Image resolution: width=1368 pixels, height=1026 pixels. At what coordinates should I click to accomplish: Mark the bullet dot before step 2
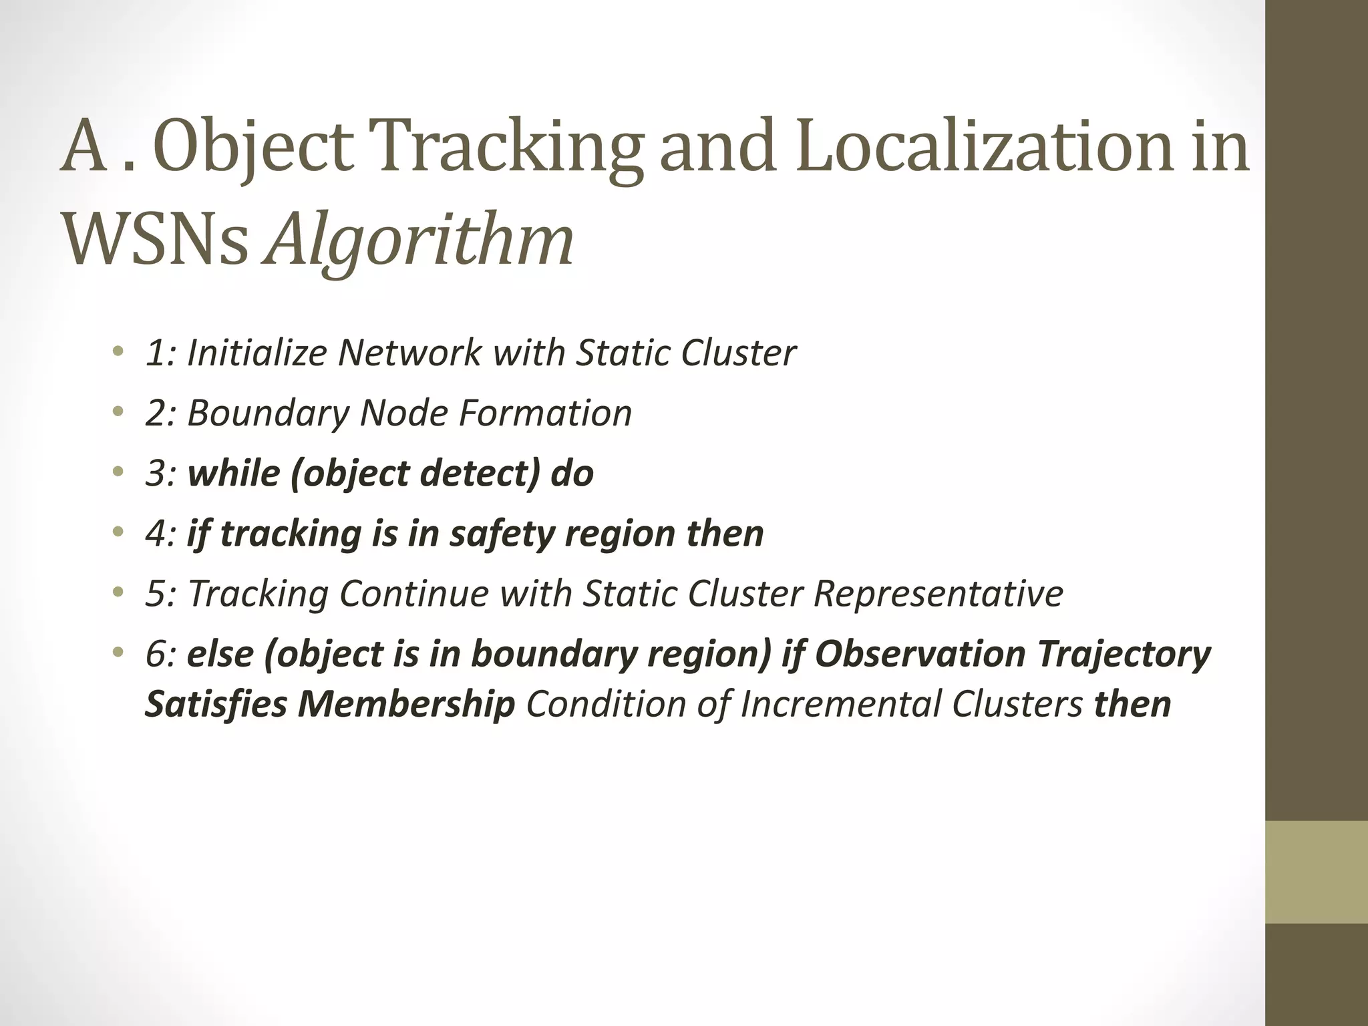[x=118, y=411]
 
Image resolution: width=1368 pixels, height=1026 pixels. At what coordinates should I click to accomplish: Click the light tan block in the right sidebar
[x=1316, y=872]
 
